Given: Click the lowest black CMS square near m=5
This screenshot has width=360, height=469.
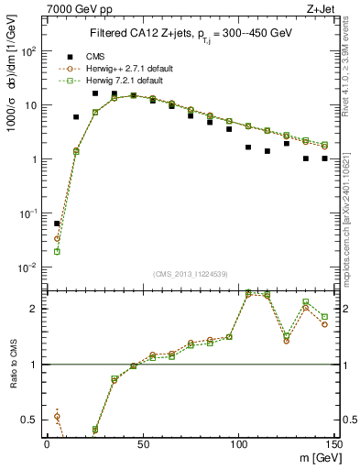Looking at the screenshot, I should tap(57, 224).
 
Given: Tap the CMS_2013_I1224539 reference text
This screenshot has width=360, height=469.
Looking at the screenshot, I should tap(190, 273).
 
